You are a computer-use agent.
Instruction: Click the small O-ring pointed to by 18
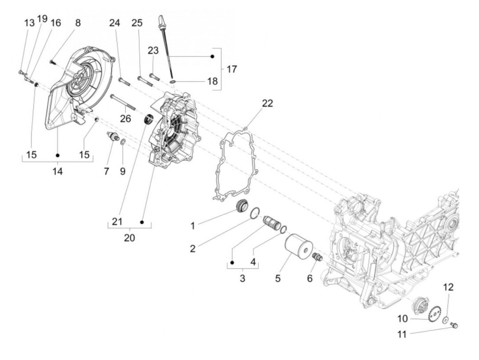coord(173,81)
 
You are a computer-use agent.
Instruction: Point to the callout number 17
coord(232,69)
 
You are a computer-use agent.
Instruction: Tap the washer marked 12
coord(445,320)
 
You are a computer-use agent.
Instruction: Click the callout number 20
coord(129,237)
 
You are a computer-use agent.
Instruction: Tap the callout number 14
coord(57,171)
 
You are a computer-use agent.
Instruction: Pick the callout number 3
coord(242,278)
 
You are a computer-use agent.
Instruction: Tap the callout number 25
coord(137,23)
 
